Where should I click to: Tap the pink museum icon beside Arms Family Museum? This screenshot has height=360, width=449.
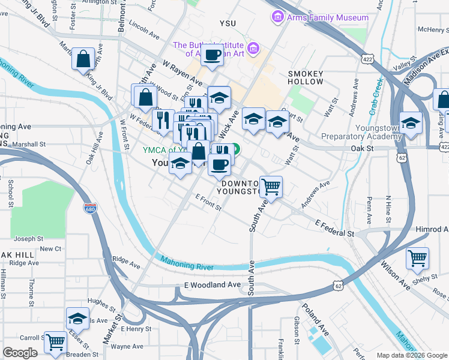pos(277,17)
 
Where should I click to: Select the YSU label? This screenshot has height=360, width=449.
pos(228,23)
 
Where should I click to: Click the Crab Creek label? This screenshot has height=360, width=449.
pos(376,93)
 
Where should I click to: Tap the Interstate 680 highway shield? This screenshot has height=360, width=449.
pos(90,208)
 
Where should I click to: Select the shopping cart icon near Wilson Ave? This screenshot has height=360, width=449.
pos(417,259)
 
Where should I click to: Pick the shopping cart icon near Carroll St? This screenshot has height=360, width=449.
pos(55,343)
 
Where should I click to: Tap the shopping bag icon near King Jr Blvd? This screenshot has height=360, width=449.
pos(83,59)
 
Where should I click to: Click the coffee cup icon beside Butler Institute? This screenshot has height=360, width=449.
pos(211,55)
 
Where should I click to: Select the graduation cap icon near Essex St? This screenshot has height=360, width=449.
pos(77,319)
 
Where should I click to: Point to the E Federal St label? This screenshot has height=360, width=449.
pos(335,228)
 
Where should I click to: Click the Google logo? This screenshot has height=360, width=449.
pos(20,353)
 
